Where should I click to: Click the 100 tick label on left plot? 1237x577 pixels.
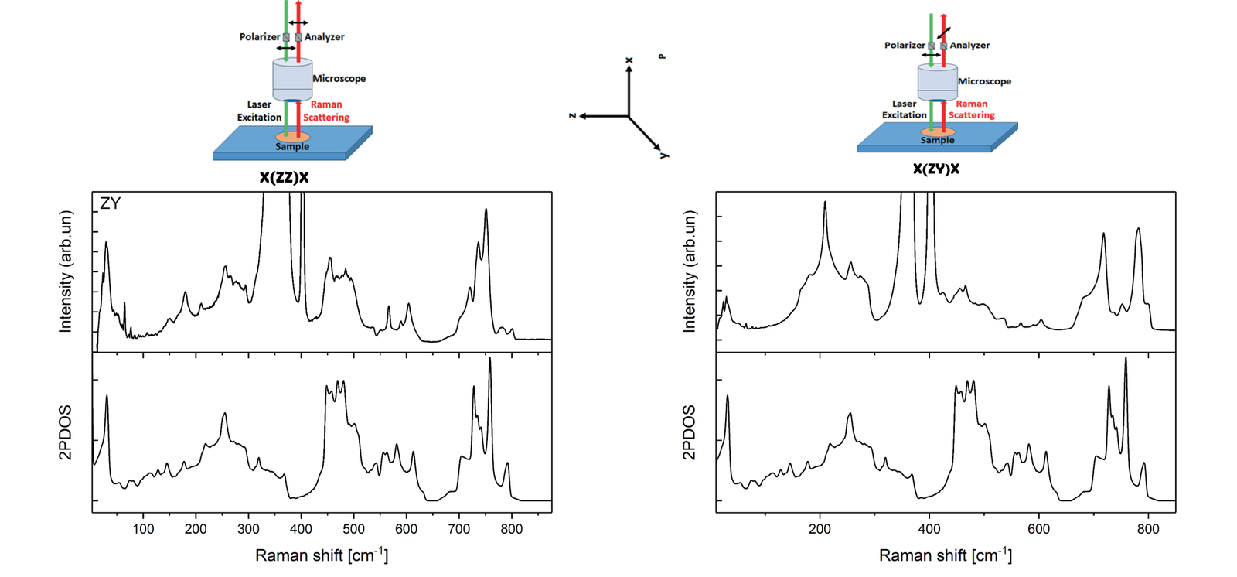[x=143, y=529]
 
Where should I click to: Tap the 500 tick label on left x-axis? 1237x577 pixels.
[x=353, y=529]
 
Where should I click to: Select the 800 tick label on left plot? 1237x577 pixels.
[x=511, y=529]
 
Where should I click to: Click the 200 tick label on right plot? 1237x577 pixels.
[x=820, y=529]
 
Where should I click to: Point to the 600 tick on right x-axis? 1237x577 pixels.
[x=1038, y=529]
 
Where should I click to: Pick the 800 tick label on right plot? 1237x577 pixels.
[x=1148, y=529]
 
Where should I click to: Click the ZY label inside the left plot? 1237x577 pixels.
[x=111, y=204]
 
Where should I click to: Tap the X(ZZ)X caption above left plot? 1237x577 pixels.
[x=284, y=178]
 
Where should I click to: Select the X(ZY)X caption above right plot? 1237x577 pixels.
[x=935, y=169]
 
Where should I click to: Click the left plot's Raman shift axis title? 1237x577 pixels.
[x=322, y=555]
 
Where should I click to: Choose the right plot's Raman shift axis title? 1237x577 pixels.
[x=945, y=555]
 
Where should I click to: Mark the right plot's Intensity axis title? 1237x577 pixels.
[x=689, y=271]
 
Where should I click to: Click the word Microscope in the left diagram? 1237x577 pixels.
[x=339, y=78]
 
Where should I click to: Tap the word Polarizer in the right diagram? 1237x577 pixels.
[x=905, y=45]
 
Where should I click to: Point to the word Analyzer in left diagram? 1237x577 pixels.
[x=324, y=36]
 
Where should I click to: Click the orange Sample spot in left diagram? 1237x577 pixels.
[x=292, y=138]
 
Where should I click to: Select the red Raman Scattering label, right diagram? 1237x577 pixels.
[x=971, y=109]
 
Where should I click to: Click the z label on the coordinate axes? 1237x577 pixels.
[x=572, y=116]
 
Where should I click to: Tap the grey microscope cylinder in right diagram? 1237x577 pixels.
[x=937, y=81]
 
